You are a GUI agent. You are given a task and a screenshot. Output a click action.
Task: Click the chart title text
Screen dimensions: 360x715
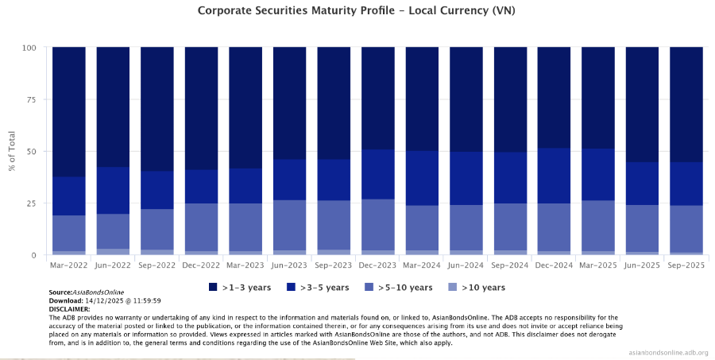(x=357, y=10)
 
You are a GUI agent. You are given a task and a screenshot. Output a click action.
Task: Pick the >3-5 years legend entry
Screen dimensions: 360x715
(x=317, y=287)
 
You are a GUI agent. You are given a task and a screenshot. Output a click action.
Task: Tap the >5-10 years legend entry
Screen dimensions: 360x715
(x=392, y=287)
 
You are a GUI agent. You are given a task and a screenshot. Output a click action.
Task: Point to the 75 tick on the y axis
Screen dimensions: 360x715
(x=32, y=100)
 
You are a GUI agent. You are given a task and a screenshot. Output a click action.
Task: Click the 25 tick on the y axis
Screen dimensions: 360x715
(x=32, y=203)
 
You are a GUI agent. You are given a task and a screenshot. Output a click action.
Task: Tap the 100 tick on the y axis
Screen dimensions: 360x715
(x=29, y=48)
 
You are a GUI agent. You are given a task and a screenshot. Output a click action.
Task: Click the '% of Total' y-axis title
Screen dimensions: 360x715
(x=11, y=151)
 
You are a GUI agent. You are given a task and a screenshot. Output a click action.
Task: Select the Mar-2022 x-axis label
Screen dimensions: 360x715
(x=69, y=265)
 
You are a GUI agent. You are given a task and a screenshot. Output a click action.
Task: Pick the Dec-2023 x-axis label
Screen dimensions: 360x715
(x=377, y=265)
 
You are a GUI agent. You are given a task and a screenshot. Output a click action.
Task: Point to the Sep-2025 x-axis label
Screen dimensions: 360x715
(x=686, y=265)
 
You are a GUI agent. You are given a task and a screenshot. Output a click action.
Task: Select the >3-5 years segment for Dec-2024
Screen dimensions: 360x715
(x=554, y=176)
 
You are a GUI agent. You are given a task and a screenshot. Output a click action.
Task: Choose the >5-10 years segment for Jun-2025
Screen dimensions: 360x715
(x=642, y=229)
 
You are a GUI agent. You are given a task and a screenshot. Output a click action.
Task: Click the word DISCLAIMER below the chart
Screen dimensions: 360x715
(x=69, y=308)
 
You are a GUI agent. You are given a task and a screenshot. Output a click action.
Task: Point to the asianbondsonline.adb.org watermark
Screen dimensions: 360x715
(x=667, y=352)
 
